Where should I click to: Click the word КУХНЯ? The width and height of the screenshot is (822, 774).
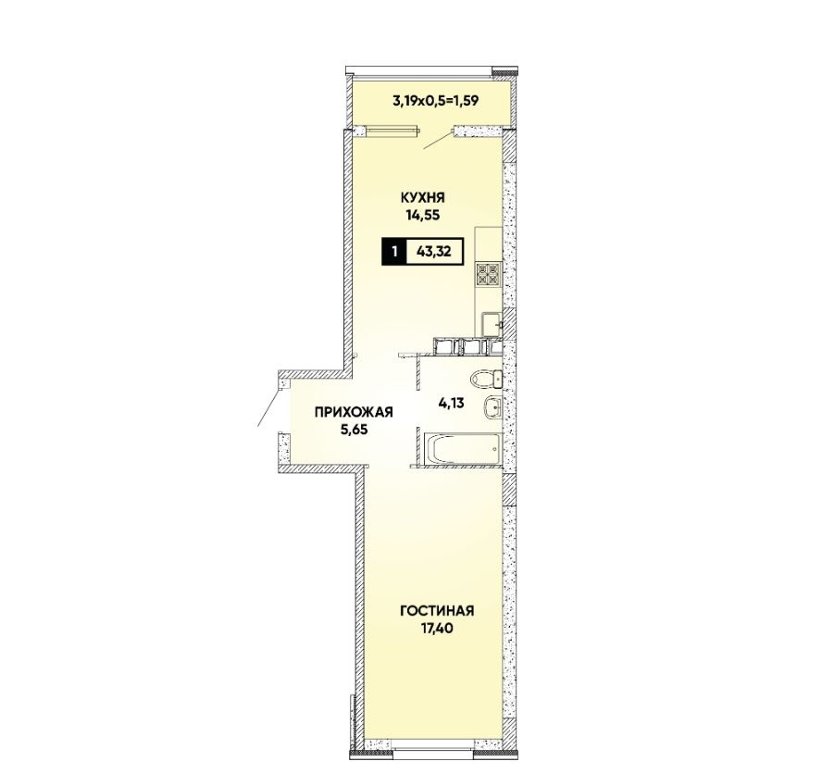[x=422, y=198]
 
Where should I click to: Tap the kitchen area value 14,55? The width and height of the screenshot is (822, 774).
[x=422, y=215]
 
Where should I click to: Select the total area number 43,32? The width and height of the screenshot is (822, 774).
[x=433, y=252]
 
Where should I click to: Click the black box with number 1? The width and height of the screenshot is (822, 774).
[x=394, y=252]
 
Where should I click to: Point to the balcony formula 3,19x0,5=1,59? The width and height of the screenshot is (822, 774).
[x=435, y=101]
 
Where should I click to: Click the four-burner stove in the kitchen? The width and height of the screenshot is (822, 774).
[x=488, y=274]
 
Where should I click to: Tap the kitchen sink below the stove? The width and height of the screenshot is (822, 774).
[x=492, y=323]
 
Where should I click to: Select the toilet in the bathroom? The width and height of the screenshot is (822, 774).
[x=486, y=379]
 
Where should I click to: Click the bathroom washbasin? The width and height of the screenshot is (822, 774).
[x=493, y=407]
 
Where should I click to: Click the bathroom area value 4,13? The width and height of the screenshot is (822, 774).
[x=452, y=404]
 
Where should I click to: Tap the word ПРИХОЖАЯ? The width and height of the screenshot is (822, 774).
[x=354, y=412]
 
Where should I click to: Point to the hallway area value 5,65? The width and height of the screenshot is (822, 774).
[x=354, y=430]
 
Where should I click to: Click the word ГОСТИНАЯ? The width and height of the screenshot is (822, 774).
[x=437, y=611]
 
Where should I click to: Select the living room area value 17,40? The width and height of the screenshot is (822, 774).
[x=437, y=629]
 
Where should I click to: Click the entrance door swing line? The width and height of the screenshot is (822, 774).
[x=269, y=406]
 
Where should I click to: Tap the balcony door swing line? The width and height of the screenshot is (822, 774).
[x=438, y=139]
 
